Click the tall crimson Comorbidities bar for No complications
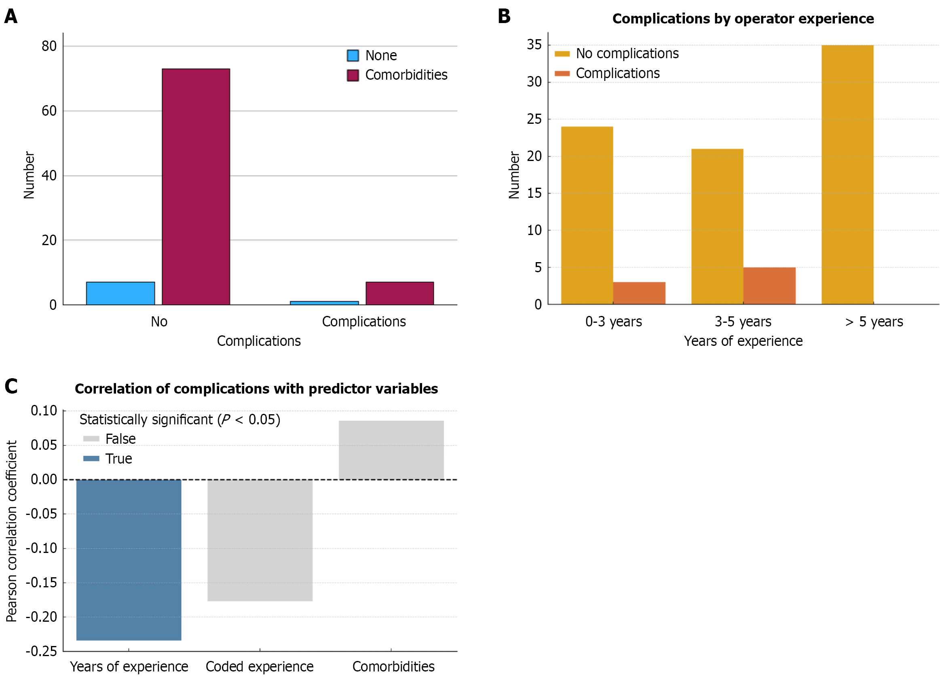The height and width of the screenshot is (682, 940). coord(196,186)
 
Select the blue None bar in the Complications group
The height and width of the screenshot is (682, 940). coord(324,303)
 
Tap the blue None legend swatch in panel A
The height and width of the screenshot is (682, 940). coord(353,55)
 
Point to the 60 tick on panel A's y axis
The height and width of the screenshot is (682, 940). coord(49,111)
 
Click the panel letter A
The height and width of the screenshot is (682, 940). coord(11,17)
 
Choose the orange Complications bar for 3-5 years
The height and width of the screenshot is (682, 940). coord(769,286)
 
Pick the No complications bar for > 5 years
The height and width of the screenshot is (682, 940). coord(847,174)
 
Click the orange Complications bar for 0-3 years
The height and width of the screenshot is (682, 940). coord(639,293)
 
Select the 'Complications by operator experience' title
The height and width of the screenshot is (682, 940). coord(743,19)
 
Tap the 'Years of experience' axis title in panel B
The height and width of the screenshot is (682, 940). coord(743,341)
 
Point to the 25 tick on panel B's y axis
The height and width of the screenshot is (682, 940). coord(534,119)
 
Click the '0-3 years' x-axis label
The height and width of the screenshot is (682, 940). coord(613,322)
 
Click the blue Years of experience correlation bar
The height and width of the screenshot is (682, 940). coord(129,560)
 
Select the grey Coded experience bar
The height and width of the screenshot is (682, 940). coord(260,540)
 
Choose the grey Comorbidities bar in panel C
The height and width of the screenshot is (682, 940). coord(391,450)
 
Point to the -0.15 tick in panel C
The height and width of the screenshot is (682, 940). coord(42,582)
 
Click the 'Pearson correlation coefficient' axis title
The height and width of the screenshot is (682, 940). coord(12,531)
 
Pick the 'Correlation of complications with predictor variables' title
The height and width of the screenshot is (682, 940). coord(256,389)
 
